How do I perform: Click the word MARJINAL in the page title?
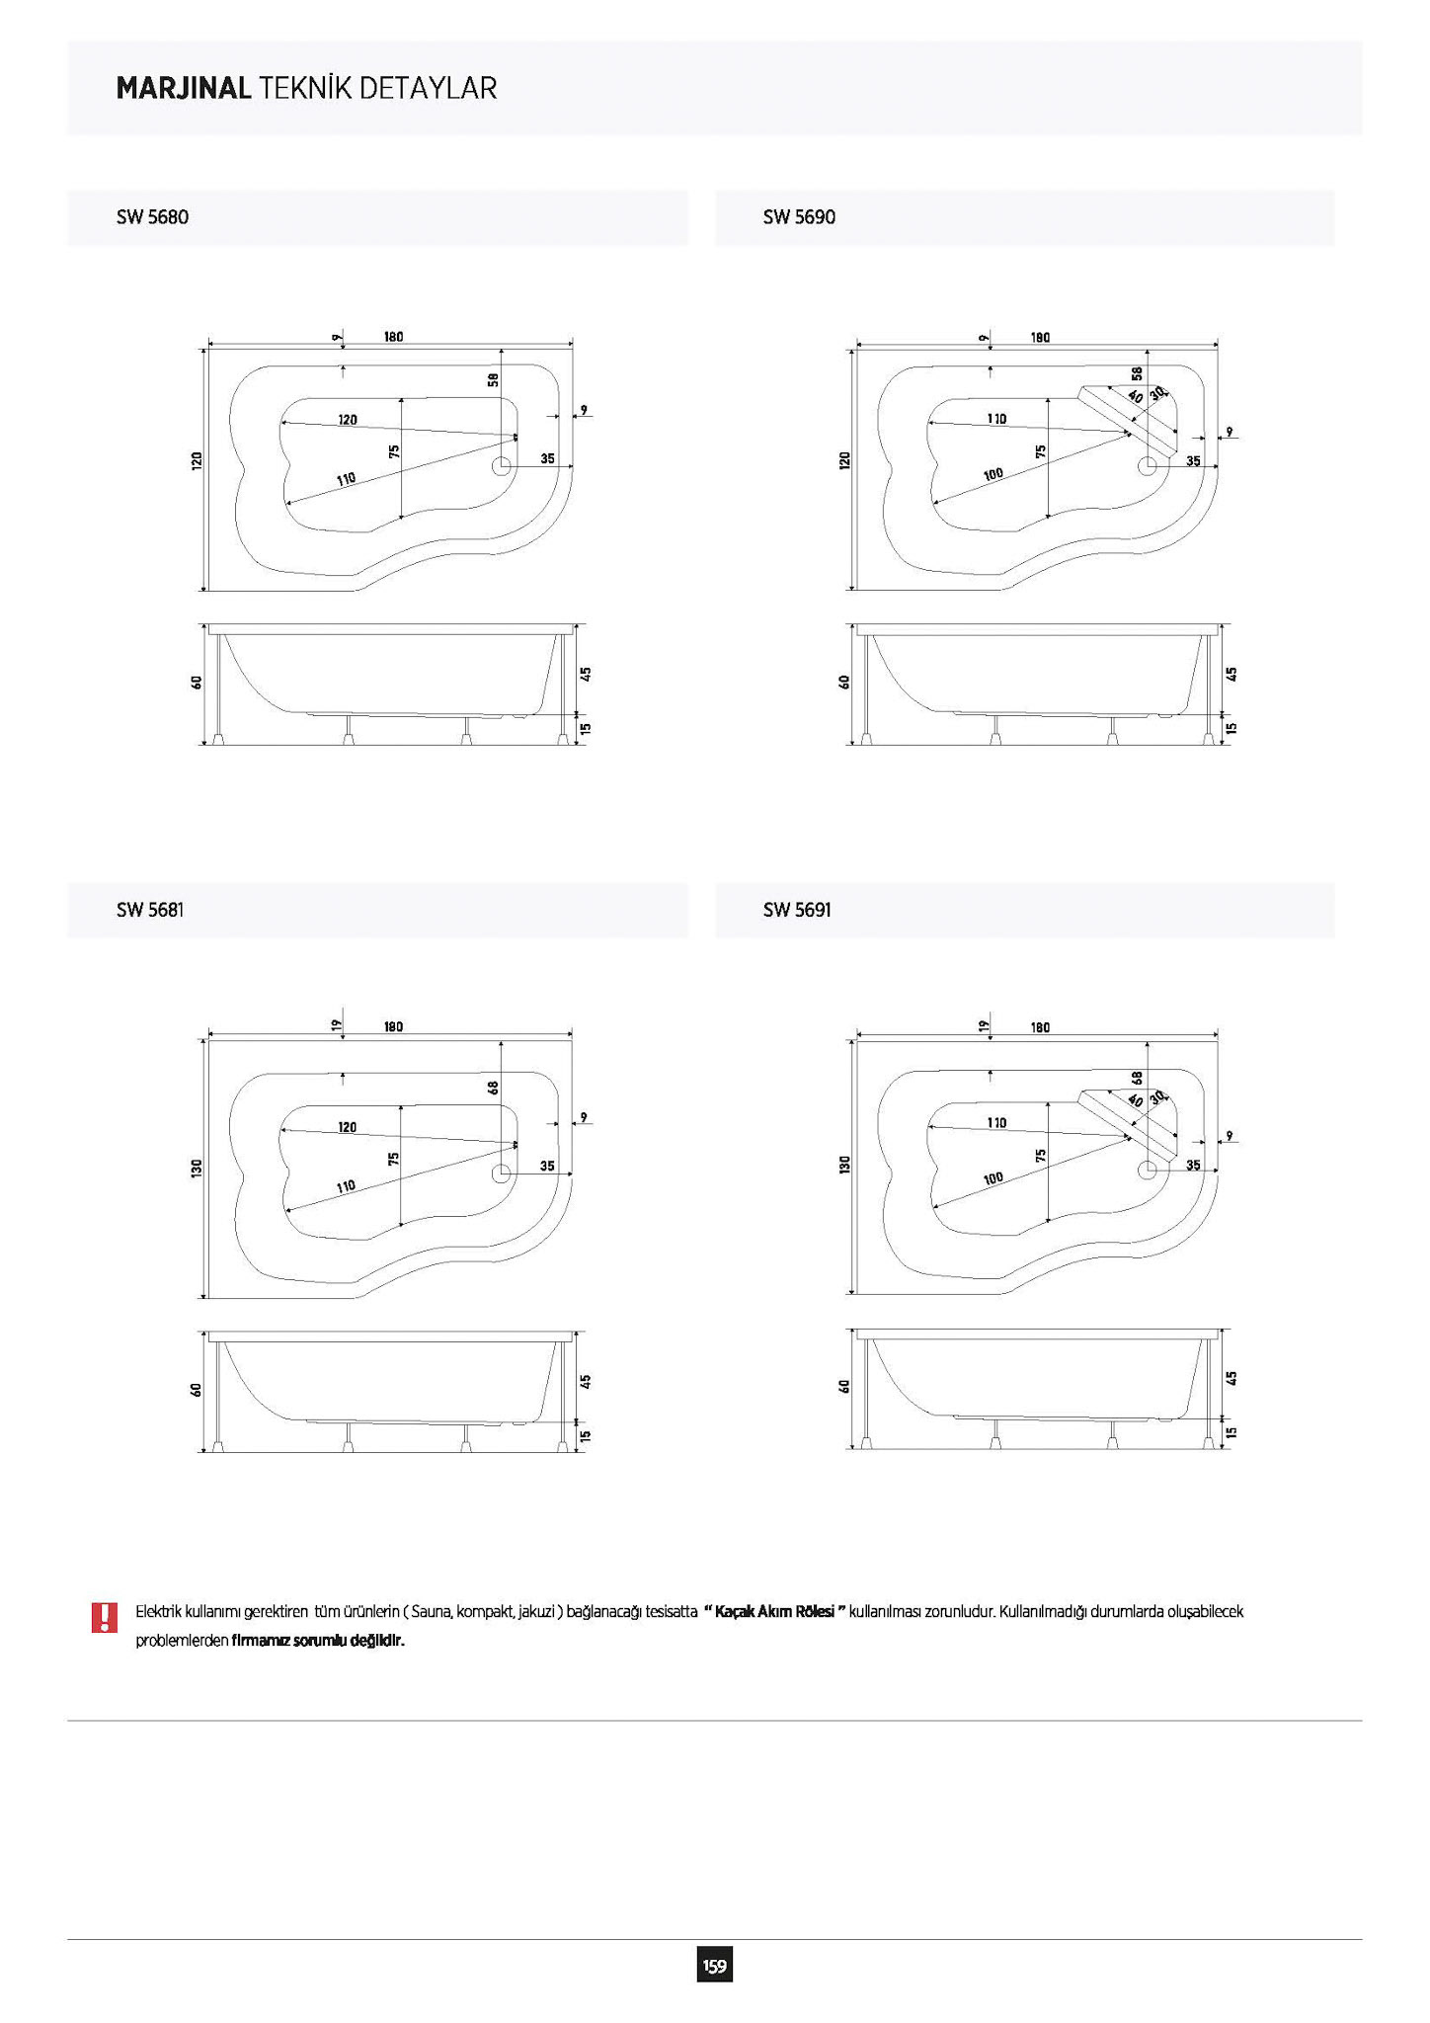pos(184,89)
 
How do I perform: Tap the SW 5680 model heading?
pos(152,217)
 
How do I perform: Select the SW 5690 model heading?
pos(799,217)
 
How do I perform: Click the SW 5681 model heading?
pos(150,910)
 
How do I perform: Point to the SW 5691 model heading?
pos(797,910)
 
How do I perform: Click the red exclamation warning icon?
pos(104,1617)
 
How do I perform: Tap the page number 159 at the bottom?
pos(714,1967)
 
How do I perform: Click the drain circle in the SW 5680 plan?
pos(502,466)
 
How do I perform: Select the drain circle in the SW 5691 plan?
pos(1148,1170)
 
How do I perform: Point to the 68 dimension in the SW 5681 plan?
pos(493,1088)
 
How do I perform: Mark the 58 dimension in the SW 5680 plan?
pos(493,379)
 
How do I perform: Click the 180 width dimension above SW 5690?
pos(1040,338)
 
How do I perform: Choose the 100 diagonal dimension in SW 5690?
pos(993,474)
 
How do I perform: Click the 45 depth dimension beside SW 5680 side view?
pos(586,674)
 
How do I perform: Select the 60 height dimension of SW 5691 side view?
pos(844,1386)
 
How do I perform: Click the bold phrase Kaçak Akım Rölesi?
pos(775,1611)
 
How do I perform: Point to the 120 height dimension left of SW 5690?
pos(844,460)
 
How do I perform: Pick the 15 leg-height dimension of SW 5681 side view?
pos(586,1435)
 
